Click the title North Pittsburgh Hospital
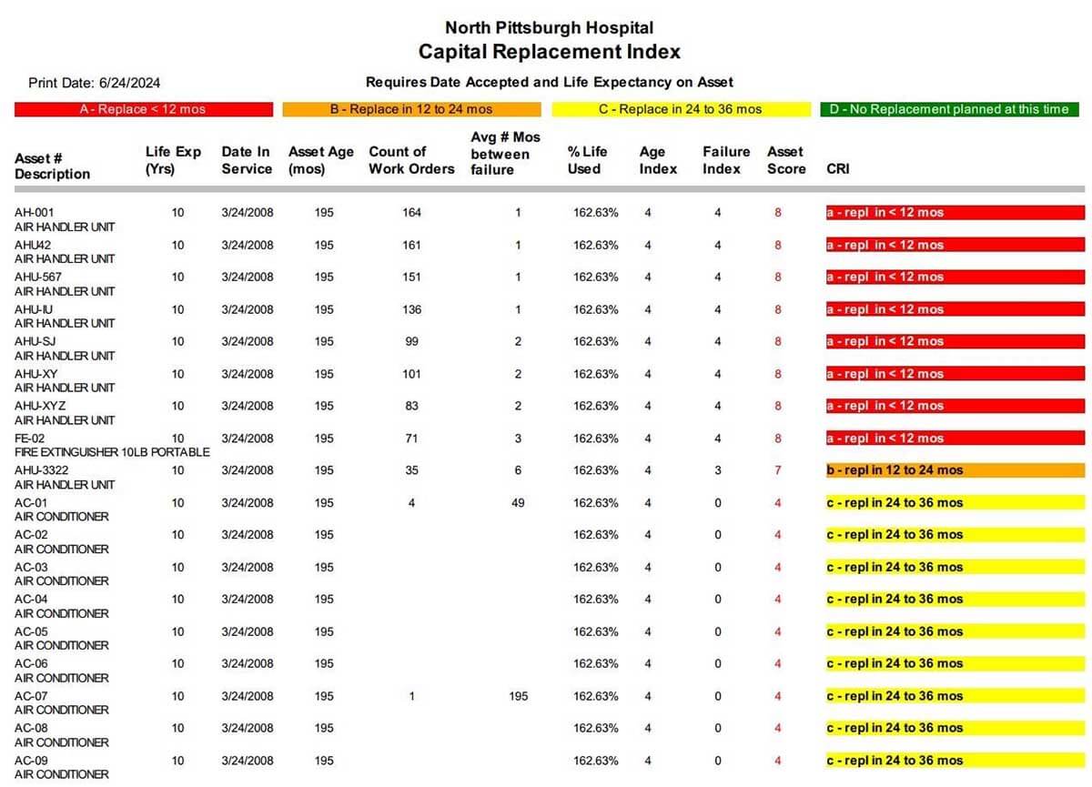[549, 27]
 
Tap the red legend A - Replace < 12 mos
[144, 109]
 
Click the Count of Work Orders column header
[411, 160]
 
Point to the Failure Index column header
[726, 160]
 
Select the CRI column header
[838, 169]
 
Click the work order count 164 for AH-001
[411, 213]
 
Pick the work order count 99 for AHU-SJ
[411, 341]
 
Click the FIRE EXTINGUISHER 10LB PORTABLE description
[112, 452]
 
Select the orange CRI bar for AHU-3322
[955, 470]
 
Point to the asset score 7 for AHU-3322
[777, 470]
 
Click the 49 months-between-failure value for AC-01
[518, 502]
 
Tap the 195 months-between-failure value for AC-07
[518, 696]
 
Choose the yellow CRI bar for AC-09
[955, 761]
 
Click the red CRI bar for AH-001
[955, 213]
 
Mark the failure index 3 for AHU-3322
[718, 470]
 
